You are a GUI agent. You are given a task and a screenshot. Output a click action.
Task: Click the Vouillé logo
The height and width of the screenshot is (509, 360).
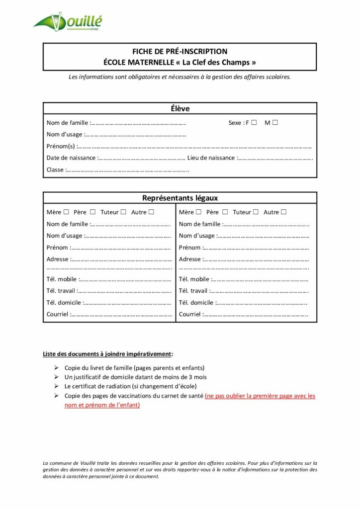click(68, 21)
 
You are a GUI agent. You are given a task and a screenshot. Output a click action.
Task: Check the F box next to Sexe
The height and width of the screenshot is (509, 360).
click(254, 122)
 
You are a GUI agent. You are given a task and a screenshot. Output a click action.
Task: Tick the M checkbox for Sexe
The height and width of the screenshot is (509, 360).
click(275, 122)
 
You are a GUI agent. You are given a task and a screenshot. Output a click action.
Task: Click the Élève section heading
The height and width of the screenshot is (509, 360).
click(180, 108)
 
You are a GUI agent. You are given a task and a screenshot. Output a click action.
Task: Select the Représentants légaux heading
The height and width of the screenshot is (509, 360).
click(180, 198)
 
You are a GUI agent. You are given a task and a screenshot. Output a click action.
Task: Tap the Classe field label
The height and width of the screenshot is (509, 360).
click(55, 170)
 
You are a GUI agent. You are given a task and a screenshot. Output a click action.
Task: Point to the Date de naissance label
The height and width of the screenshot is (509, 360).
click(71, 158)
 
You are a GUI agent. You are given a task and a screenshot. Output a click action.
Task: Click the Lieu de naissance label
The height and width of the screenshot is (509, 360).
click(211, 158)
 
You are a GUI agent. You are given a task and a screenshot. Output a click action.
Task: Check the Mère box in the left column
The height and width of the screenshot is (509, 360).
click(66, 212)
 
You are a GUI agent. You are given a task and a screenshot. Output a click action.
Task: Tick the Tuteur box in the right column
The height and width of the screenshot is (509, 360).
click(256, 212)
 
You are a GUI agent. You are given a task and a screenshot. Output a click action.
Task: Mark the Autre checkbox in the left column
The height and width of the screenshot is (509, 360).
click(151, 212)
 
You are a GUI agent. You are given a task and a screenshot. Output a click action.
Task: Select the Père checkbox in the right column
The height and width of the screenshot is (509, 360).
click(225, 212)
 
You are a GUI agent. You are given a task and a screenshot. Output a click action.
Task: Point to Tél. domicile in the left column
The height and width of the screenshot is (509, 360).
click(64, 302)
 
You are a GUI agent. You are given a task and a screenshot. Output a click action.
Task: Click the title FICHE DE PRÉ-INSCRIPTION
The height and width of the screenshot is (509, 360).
click(180, 51)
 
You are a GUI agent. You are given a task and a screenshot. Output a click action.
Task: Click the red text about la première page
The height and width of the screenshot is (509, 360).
click(260, 396)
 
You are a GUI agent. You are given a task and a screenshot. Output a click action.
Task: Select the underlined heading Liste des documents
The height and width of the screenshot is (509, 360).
click(108, 354)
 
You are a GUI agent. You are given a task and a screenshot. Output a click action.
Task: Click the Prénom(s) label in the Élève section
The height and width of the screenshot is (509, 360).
click(61, 146)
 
